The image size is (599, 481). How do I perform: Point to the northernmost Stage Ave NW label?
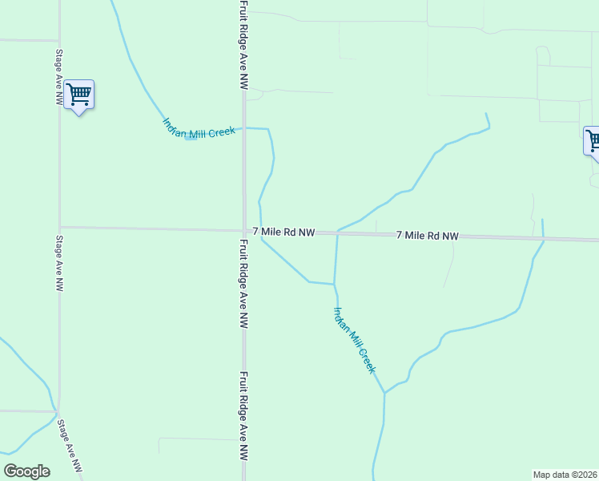[x=58, y=79]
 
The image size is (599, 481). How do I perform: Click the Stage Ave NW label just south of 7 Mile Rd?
[x=58, y=263]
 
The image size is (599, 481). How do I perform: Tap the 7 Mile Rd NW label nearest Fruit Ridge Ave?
[x=283, y=232]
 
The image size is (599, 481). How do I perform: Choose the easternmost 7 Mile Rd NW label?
[x=428, y=236]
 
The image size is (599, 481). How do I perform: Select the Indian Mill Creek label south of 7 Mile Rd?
[x=354, y=340]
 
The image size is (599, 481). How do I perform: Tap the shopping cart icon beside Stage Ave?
[x=78, y=95]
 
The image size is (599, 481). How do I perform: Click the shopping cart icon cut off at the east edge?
[x=592, y=141]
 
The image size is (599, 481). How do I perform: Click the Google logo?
[x=26, y=471]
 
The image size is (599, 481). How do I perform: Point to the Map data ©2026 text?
[x=565, y=474]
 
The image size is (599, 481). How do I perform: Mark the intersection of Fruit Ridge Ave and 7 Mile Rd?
[x=244, y=231]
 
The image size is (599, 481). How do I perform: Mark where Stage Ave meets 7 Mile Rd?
[x=60, y=227]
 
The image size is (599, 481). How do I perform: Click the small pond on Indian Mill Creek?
[x=190, y=137]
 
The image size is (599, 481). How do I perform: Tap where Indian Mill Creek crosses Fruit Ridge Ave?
[x=244, y=127]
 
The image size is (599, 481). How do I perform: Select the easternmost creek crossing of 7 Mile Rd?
[x=543, y=239]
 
